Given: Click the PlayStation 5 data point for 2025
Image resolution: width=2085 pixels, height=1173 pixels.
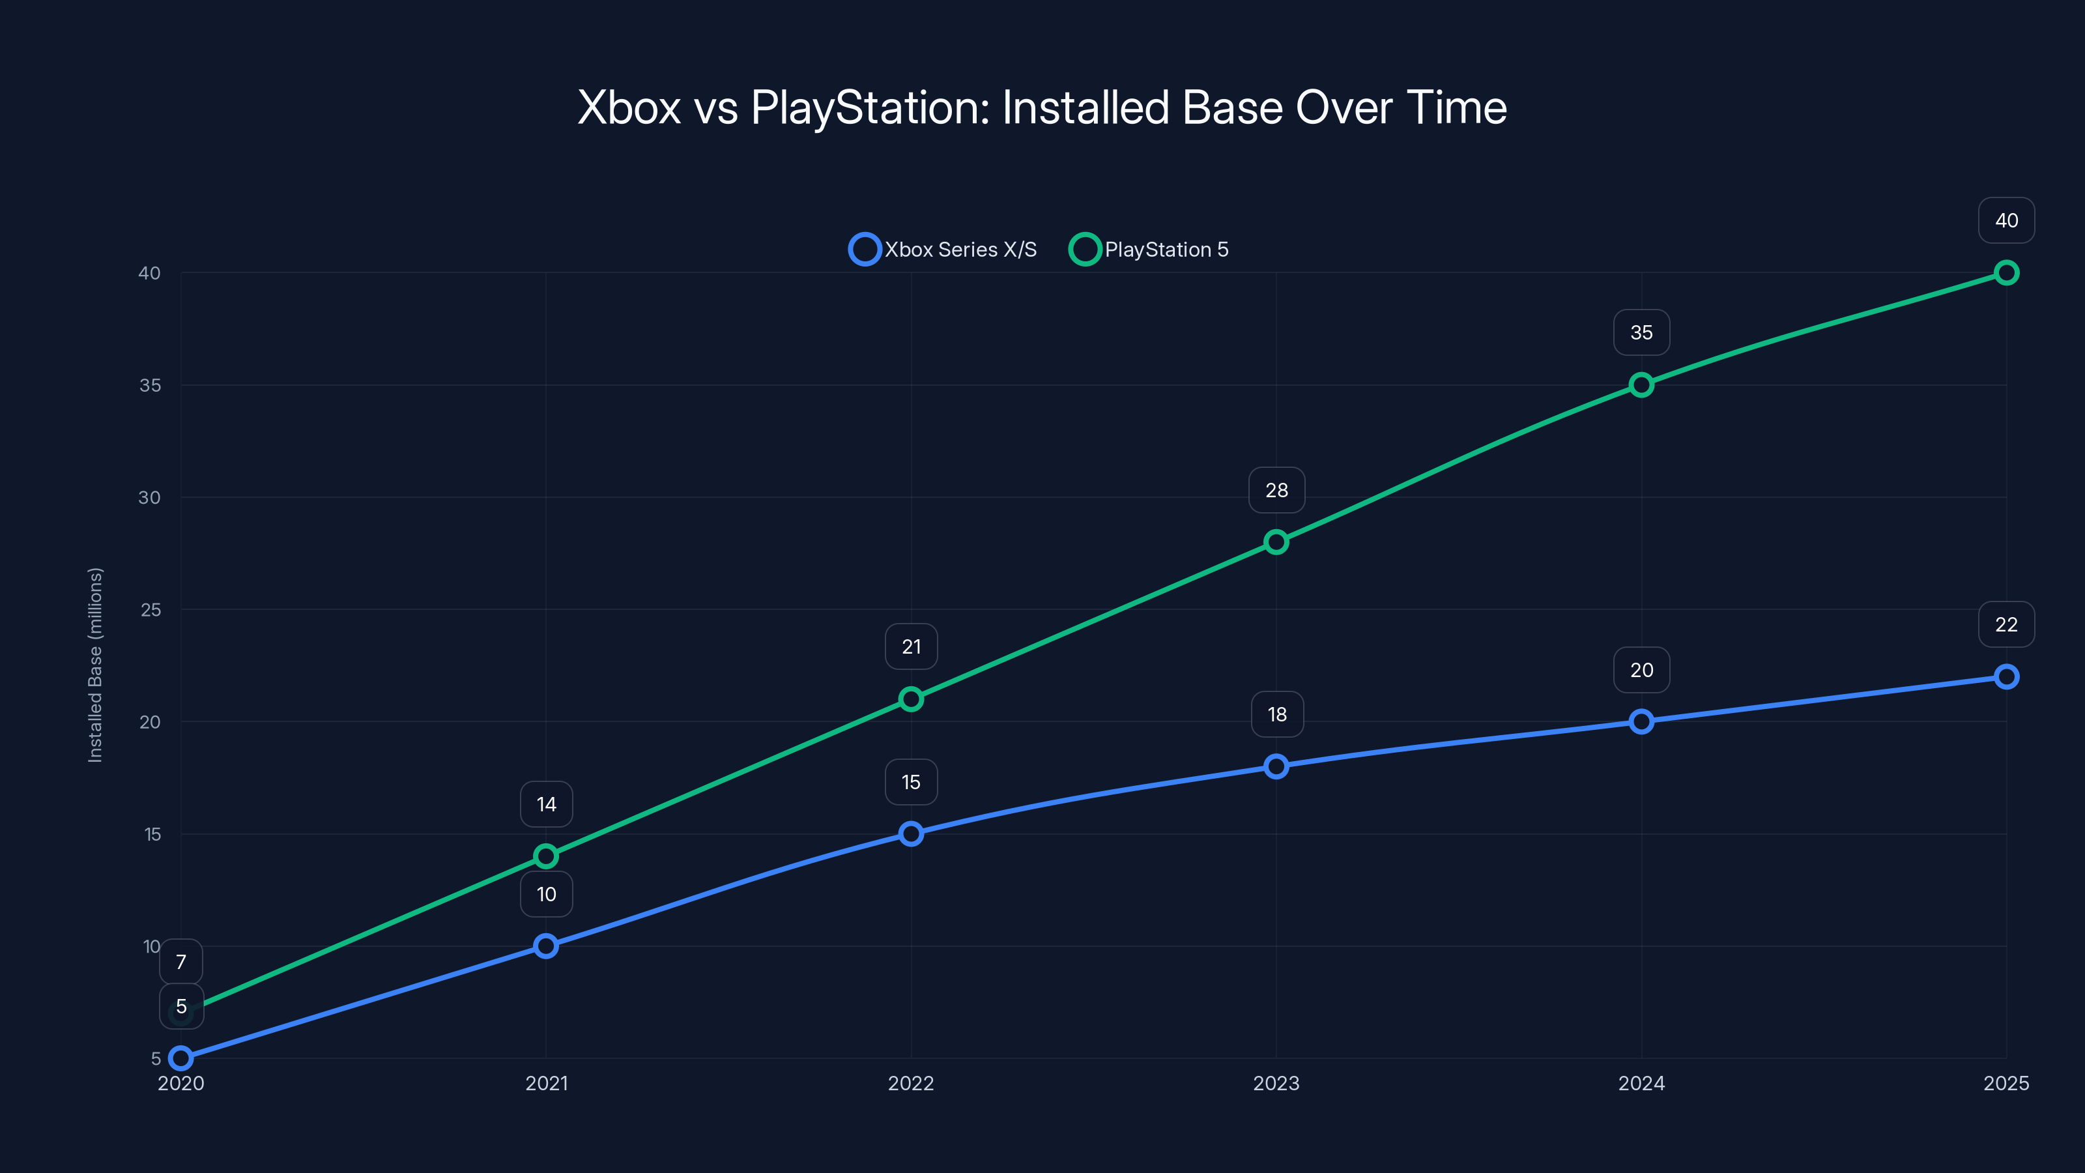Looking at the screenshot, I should [2006, 273].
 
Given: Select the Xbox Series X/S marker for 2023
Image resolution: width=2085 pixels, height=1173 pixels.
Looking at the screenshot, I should [1276, 766].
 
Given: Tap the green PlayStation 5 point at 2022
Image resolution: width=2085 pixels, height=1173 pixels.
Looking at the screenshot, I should [911, 699].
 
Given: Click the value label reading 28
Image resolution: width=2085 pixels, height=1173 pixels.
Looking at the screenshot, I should [1276, 490].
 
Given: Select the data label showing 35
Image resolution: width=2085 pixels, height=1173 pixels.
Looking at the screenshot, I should [1641, 332].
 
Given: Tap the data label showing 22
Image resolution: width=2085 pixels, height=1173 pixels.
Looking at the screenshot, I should [2006, 624].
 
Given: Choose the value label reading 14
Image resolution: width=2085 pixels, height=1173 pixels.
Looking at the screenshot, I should [547, 804].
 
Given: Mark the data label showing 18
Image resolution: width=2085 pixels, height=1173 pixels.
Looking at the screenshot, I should [1276, 714].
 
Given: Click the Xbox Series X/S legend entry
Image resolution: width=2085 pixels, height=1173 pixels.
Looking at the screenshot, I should [943, 250].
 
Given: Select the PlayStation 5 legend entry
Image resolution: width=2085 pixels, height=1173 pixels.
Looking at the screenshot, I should [1149, 250].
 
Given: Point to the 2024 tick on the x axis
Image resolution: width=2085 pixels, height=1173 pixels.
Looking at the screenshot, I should [1641, 1083].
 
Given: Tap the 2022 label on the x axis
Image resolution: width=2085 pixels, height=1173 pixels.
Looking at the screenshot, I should [911, 1083].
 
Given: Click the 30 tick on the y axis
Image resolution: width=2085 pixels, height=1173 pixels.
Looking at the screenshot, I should [150, 497].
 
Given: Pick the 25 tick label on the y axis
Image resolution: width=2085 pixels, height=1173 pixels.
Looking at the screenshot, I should [151, 609].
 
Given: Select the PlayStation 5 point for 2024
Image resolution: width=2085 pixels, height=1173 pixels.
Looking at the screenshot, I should [1641, 384].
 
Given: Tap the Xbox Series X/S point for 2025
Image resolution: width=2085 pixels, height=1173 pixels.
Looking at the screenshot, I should [2006, 676].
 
